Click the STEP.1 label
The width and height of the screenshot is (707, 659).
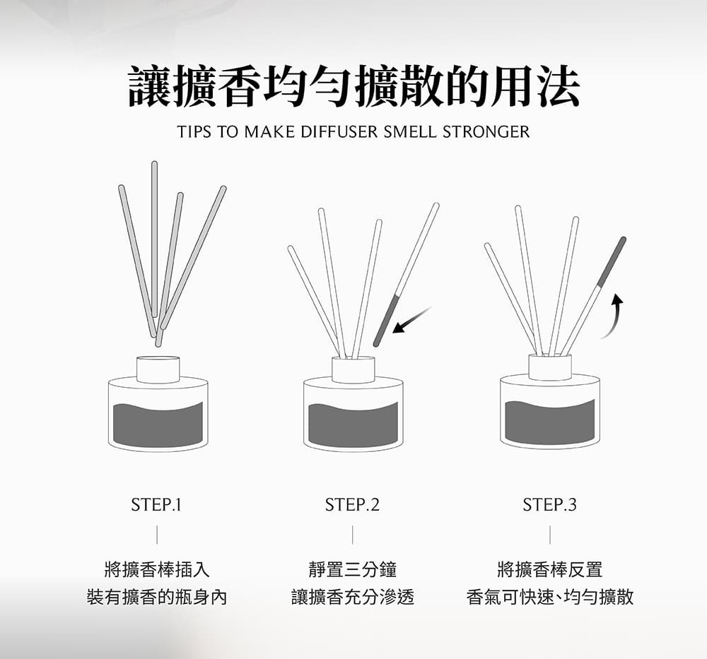pyautogui.click(x=156, y=504)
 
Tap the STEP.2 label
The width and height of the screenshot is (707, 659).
pyautogui.click(x=352, y=504)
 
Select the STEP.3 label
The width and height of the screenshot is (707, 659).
pyautogui.click(x=549, y=504)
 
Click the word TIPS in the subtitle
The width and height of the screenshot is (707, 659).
pyautogui.click(x=194, y=131)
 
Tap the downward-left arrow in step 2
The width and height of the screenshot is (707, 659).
pyautogui.click(x=411, y=320)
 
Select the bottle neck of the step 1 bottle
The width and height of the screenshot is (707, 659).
pyautogui.click(x=158, y=369)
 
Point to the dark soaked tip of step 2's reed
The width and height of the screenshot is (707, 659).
pyautogui.click(x=387, y=320)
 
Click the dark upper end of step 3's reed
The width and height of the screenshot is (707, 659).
pyautogui.click(x=612, y=261)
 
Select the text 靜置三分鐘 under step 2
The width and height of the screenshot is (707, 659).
pyautogui.click(x=353, y=569)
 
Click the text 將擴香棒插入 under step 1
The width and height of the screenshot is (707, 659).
pyautogui.click(x=157, y=569)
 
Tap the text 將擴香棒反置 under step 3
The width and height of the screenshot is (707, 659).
pyautogui.click(x=549, y=569)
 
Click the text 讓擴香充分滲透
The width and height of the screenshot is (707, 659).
pyautogui.click(x=353, y=597)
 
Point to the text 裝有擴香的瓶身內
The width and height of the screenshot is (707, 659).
pyautogui.click(x=157, y=597)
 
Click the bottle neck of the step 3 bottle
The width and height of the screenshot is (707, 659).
pyautogui.click(x=549, y=367)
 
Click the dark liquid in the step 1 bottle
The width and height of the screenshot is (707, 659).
pyautogui.click(x=158, y=424)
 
